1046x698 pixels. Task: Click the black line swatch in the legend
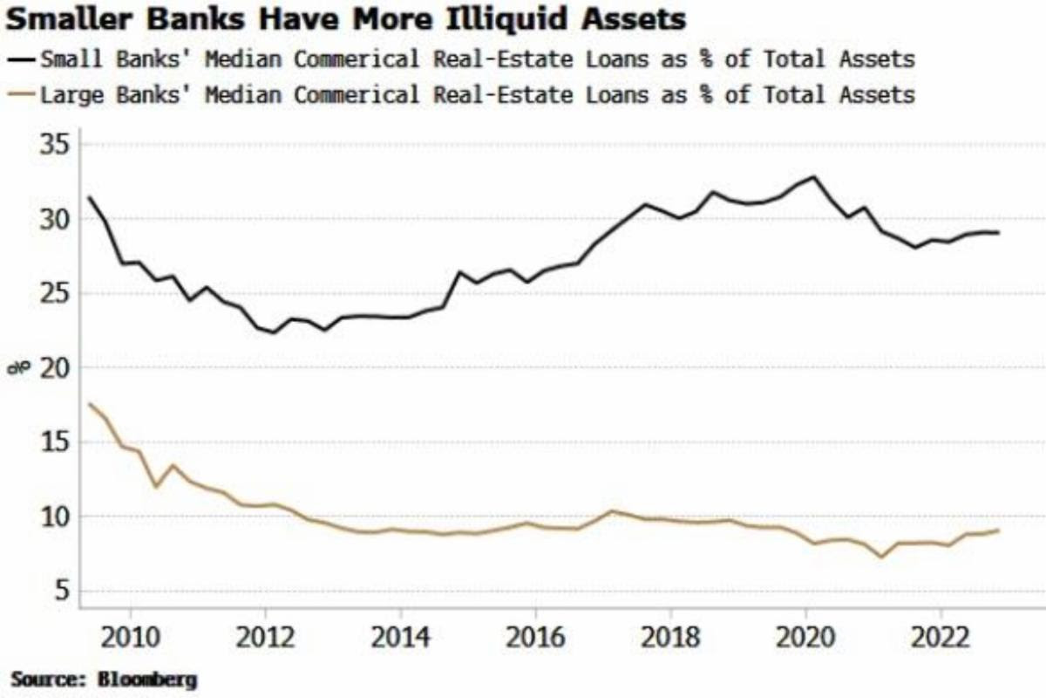pyautogui.click(x=22, y=59)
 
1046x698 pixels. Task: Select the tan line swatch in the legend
pyautogui.click(x=22, y=94)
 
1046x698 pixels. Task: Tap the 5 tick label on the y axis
pyautogui.click(x=64, y=591)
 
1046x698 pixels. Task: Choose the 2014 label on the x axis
pyautogui.click(x=400, y=633)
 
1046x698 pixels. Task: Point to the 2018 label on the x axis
pyautogui.click(x=670, y=633)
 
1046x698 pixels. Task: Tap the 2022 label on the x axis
pyautogui.click(x=941, y=633)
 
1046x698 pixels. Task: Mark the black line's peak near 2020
pyautogui.click(x=814, y=177)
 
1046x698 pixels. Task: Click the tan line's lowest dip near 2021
pyautogui.click(x=882, y=556)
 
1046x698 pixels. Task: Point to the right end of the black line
pyautogui.click(x=998, y=233)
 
